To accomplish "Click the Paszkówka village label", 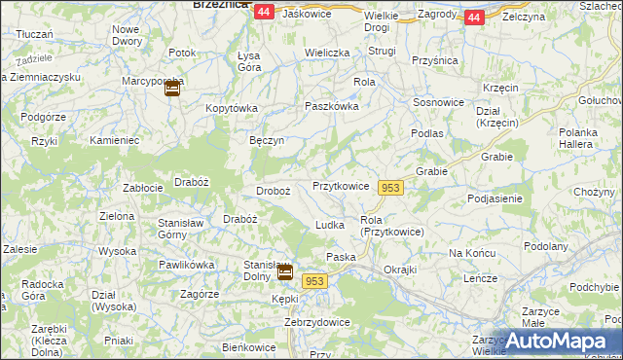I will click(x=332, y=106).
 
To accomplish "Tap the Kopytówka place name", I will click(x=230, y=108).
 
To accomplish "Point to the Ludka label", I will click(x=330, y=225).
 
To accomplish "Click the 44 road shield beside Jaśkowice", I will click(x=264, y=13).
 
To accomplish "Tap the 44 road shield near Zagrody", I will click(x=473, y=18).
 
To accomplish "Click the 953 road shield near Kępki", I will click(x=313, y=280).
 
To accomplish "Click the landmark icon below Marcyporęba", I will click(x=172, y=90).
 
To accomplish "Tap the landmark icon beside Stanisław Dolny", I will click(x=284, y=273).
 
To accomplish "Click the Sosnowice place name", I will click(x=436, y=101).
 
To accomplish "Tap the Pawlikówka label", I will click(x=186, y=264).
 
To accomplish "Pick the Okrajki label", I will click(x=400, y=269).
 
